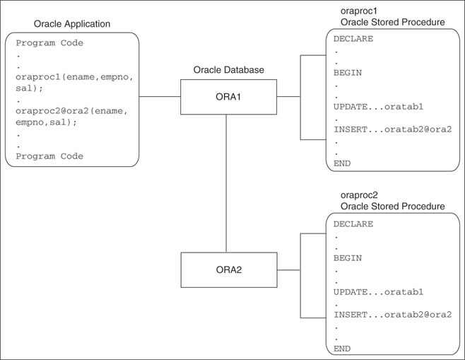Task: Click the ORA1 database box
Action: click(x=228, y=97)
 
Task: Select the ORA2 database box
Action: click(x=228, y=269)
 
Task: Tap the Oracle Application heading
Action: click(x=72, y=24)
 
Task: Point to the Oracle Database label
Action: click(x=228, y=70)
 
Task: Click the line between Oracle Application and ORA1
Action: click(x=160, y=97)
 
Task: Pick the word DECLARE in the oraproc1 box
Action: click(x=353, y=40)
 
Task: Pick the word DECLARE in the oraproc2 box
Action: click(x=353, y=224)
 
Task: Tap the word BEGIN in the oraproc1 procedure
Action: click(x=348, y=73)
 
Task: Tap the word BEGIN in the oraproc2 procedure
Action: click(x=348, y=258)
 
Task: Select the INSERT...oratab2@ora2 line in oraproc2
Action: click(x=392, y=315)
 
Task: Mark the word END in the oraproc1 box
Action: click(x=342, y=163)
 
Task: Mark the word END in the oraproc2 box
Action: click(x=342, y=349)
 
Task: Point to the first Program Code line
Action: click(x=49, y=43)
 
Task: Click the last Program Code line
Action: click(x=49, y=156)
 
